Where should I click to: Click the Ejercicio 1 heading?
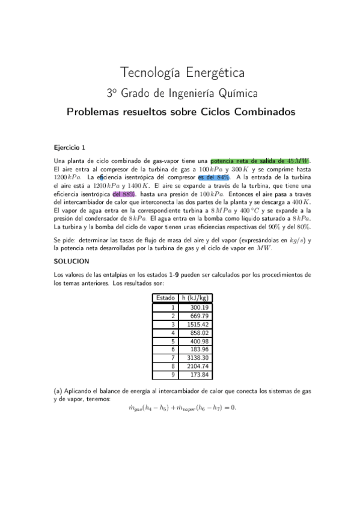(x=70, y=147)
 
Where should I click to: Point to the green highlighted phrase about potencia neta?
(x=260, y=161)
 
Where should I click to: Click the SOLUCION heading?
(x=72, y=262)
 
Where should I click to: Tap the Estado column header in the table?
(x=165, y=298)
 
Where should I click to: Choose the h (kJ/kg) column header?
(x=197, y=298)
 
